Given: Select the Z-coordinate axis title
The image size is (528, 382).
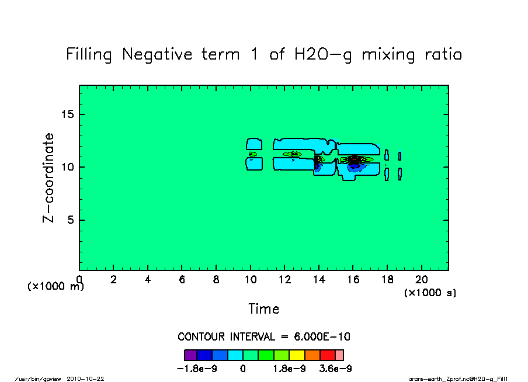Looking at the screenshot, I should coord(49,178).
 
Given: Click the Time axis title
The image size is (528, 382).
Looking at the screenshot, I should coord(263,309).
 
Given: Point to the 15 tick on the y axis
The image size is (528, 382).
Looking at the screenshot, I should coord(68,114).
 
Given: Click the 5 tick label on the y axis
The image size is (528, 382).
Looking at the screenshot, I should coord(71,220).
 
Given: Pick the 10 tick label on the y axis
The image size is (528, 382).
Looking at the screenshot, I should coord(68,167).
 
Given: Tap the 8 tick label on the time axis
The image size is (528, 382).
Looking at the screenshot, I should coord(216,280).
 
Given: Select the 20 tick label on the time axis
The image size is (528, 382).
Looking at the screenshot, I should coord(422,280).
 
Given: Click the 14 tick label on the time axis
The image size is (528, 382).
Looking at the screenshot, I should coord(319,280).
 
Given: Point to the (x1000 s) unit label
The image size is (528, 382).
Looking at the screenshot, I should coord(430,293).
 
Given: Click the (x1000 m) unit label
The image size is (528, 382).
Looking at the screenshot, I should coord(55,287).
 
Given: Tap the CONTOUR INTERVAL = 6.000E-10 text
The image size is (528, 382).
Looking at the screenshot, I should coord(263,337).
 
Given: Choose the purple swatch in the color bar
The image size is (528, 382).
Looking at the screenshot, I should coord(190,355).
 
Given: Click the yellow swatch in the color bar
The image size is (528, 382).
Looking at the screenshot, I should coord(297,355).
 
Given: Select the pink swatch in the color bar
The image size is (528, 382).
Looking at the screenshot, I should coord(339,355).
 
